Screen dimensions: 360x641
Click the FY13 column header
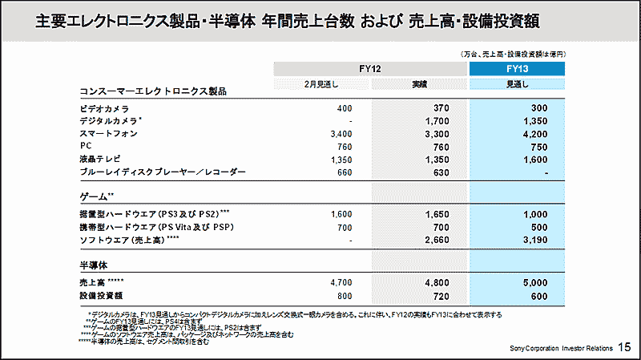[517, 70]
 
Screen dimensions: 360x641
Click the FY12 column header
[370, 70]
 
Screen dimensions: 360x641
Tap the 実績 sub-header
[419, 84]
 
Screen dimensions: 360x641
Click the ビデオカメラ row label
[105, 107]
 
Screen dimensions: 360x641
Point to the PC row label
[87, 146]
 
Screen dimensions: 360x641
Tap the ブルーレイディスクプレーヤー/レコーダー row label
[163, 172]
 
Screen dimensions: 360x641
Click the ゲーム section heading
[97, 196]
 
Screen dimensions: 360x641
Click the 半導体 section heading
[94, 264]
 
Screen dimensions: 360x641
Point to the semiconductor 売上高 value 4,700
[340, 283]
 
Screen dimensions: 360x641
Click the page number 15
[627, 346]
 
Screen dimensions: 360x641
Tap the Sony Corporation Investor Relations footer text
[561, 348]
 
